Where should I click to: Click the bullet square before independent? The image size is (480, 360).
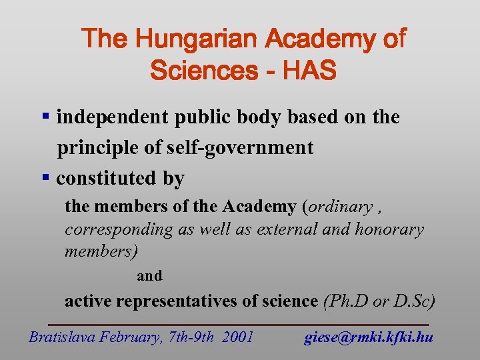click(x=46, y=117)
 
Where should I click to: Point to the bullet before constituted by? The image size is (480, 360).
click(x=46, y=178)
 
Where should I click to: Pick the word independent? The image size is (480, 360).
click(x=113, y=117)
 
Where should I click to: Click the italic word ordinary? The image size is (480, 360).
click(x=340, y=207)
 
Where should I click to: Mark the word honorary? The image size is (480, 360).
click(x=389, y=230)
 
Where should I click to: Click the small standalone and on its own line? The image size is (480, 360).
click(x=149, y=275)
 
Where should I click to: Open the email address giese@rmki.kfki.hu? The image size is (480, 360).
click(x=369, y=337)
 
